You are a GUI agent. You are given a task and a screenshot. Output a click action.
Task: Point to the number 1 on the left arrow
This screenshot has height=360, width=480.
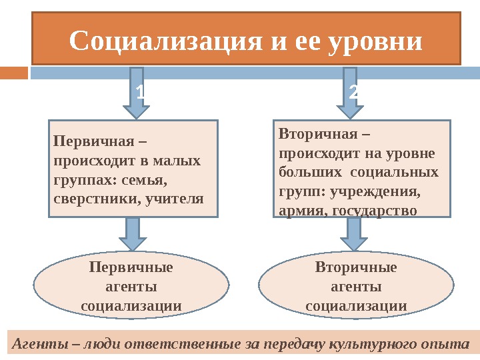coord(139,93)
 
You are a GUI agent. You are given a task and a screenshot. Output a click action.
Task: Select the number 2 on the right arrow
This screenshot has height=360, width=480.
coord(353,93)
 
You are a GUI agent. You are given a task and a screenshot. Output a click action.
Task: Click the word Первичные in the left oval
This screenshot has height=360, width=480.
coord(131,268)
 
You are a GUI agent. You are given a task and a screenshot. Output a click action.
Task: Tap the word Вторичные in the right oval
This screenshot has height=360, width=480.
coord(356,268)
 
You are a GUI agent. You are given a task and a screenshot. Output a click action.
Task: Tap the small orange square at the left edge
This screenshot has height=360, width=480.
coord(13,72)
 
